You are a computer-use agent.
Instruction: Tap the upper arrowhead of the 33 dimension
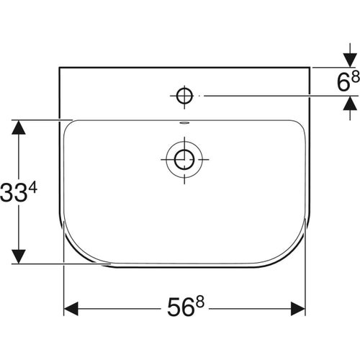point(19,128)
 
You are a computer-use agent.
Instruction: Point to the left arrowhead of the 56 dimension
point(72,310)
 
